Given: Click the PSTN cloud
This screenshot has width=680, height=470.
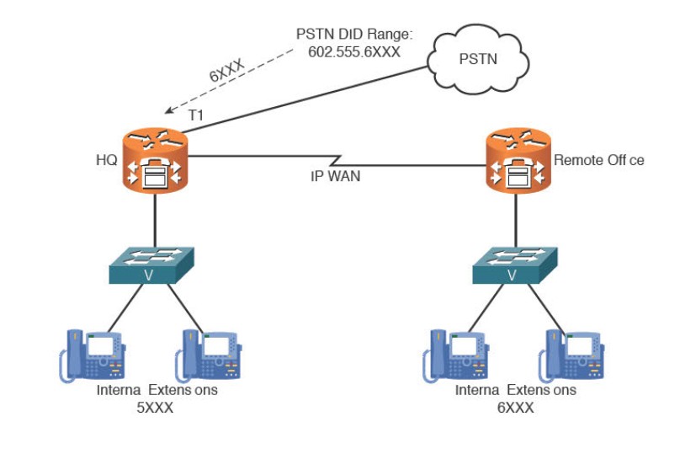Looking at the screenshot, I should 478,60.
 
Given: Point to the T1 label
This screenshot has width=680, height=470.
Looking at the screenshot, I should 195,115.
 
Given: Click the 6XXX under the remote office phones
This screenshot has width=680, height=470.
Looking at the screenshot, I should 515,408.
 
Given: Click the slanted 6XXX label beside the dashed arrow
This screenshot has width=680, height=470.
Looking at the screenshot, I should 229,67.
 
